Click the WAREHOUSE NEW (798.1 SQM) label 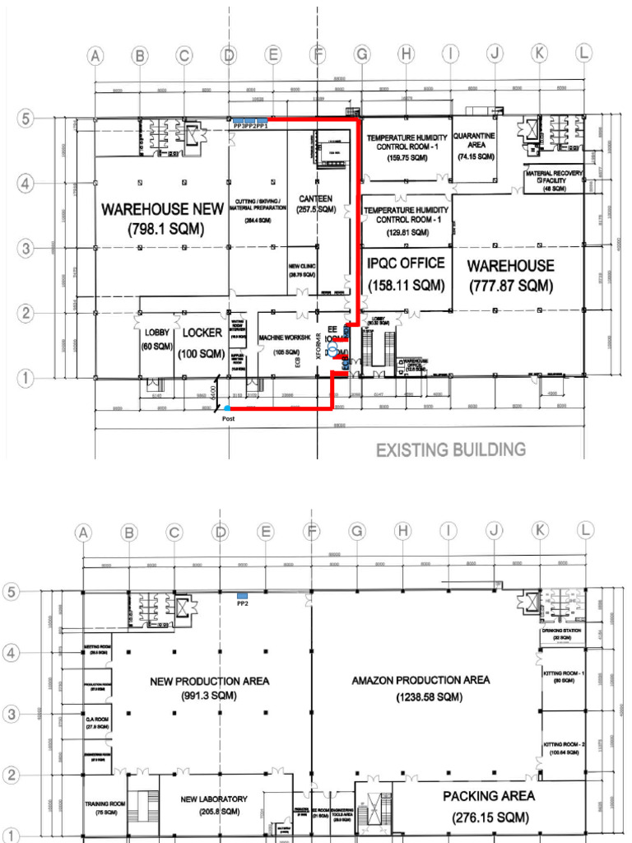pyautogui.click(x=162, y=220)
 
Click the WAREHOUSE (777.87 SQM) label pyautogui.click(x=510, y=276)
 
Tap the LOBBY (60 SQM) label pyautogui.click(x=156, y=338)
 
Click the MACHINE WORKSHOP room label pyautogui.click(x=284, y=344)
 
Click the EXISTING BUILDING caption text pyautogui.click(x=450, y=449)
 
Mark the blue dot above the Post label pyautogui.click(x=227, y=408)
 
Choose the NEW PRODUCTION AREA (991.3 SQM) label pyautogui.click(x=209, y=688)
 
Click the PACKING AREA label pyautogui.click(x=489, y=806)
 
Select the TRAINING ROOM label pyautogui.click(x=105, y=807)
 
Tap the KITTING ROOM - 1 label pyautogui.click(x=564, y=677)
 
